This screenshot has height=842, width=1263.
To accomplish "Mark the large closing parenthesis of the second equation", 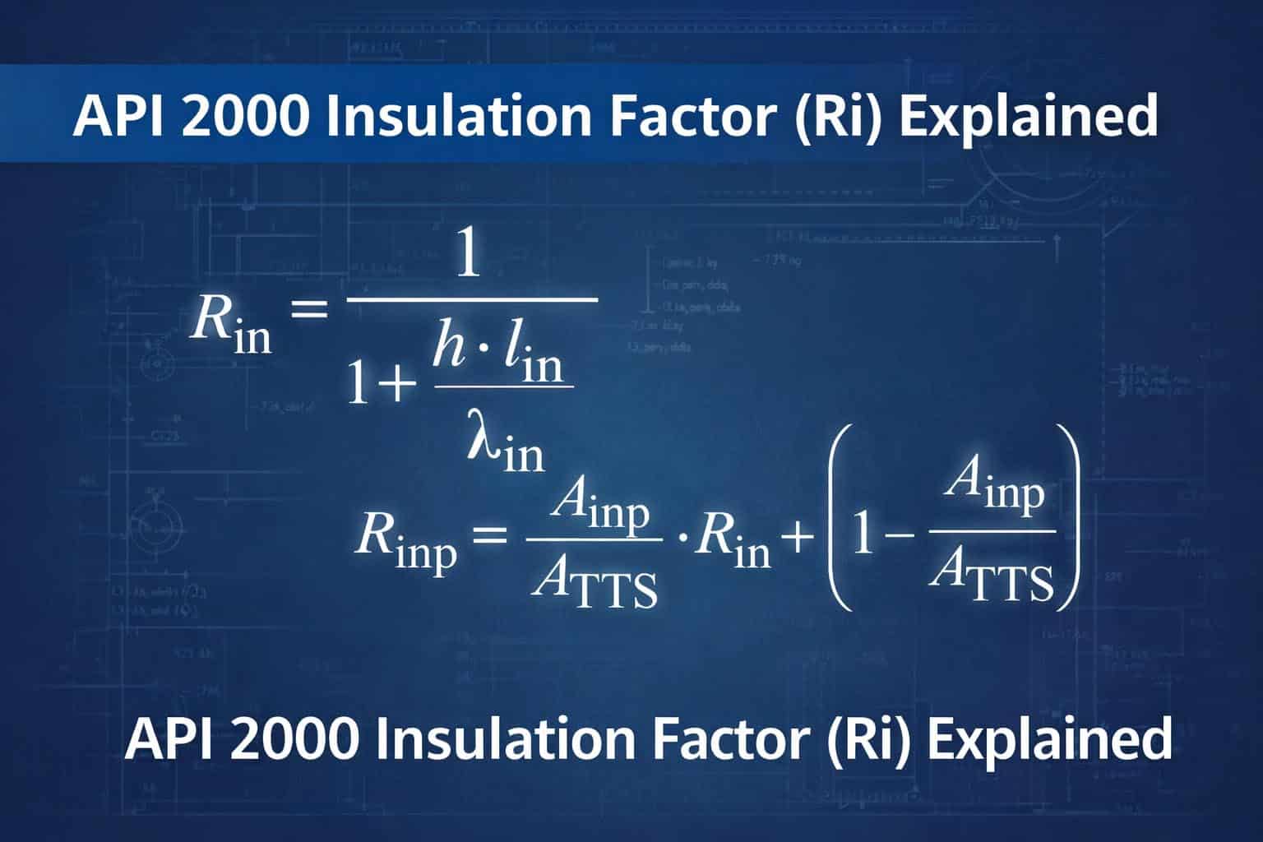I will (1066, 518).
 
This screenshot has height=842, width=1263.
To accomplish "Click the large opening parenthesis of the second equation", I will (834, 518).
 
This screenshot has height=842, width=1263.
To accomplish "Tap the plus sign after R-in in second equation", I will (798, 539).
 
